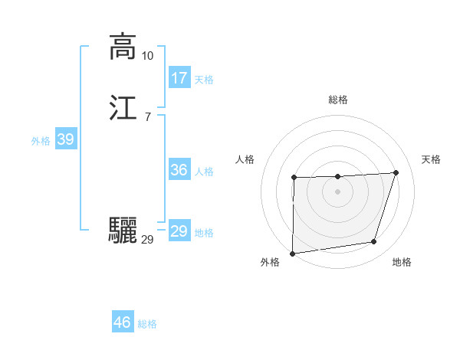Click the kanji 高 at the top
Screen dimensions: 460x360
pyautogui.click(x=122, y=47)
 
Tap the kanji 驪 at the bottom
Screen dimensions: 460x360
pyautogui.click(x=123, y=231)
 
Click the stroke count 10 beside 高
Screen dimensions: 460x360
pyautogui.click(x=147, y=56)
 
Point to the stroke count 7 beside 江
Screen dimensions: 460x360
pyautogui.click(x=147, y=116)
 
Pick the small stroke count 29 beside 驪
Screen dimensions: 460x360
pyautogui.click(x=147, y=240)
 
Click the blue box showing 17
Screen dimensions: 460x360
pyautogui.click(x=179, y=78)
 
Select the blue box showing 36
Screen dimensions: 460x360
pyautogui.click(x=179, y=170)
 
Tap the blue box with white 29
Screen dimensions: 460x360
pyautogui.click(x=179, y=231)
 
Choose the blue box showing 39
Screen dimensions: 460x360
pyautogui.click(x=65, y=139)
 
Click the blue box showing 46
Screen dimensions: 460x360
pyautogui.click(x=122, y=322)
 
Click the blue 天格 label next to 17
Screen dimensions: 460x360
pyautogui.click(x=204, y=80)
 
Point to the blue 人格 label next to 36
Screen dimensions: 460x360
pyautogui.click(x=204, y=172)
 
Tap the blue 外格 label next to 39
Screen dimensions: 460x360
pyautogui.click(x=40, y=141)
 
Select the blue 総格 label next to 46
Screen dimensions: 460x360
pyautogui.click(x=147, y=324)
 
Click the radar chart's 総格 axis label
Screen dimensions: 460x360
pyautogui.click(x=337, y=100)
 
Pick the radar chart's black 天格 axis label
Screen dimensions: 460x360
pyautogui.click(x=431, y=159)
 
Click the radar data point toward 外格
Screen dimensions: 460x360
pyautogui.click(x=292, y=254)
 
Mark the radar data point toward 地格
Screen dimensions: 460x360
pyautogui.click(x=374, y=242)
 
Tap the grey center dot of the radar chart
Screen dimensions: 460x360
pyautogui.click(x=337, y=191)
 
